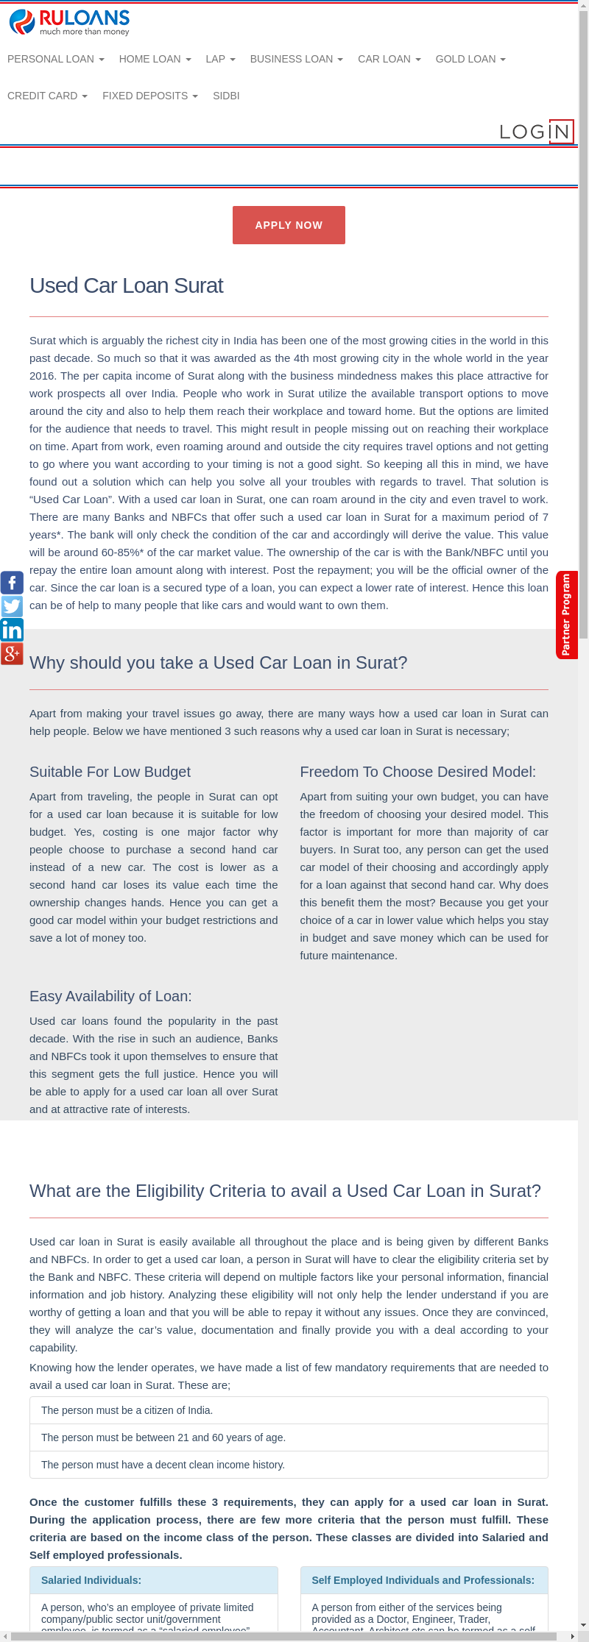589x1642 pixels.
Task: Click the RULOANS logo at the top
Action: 69,22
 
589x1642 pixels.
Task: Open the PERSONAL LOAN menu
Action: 55,59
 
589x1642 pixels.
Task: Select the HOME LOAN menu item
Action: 155,59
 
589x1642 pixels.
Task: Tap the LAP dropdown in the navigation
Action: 220,59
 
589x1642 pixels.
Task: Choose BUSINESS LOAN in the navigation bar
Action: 296,59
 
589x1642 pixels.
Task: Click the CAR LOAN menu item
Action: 389,59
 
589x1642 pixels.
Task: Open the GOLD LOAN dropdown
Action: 470,59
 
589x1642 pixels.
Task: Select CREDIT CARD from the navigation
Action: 47,96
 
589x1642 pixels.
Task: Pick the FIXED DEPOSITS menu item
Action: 149,96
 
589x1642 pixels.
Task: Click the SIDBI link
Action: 226,96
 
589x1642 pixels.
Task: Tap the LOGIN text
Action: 535,132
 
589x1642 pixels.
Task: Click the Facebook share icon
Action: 12,583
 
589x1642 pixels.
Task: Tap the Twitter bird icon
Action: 12,606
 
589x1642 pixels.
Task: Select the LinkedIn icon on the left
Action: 12,630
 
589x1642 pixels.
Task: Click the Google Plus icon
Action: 12,653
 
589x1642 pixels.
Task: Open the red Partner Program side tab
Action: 566,614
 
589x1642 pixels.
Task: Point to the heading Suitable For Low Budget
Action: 110,772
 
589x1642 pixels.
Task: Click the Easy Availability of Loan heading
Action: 110,996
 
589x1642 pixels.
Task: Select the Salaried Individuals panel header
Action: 91,1580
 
